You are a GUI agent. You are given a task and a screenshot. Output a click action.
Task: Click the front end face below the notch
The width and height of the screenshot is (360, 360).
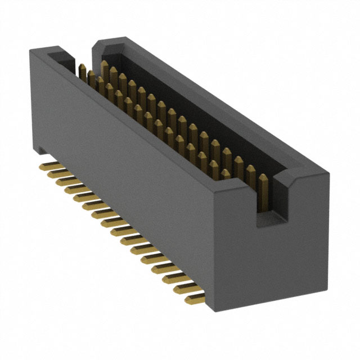270,264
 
